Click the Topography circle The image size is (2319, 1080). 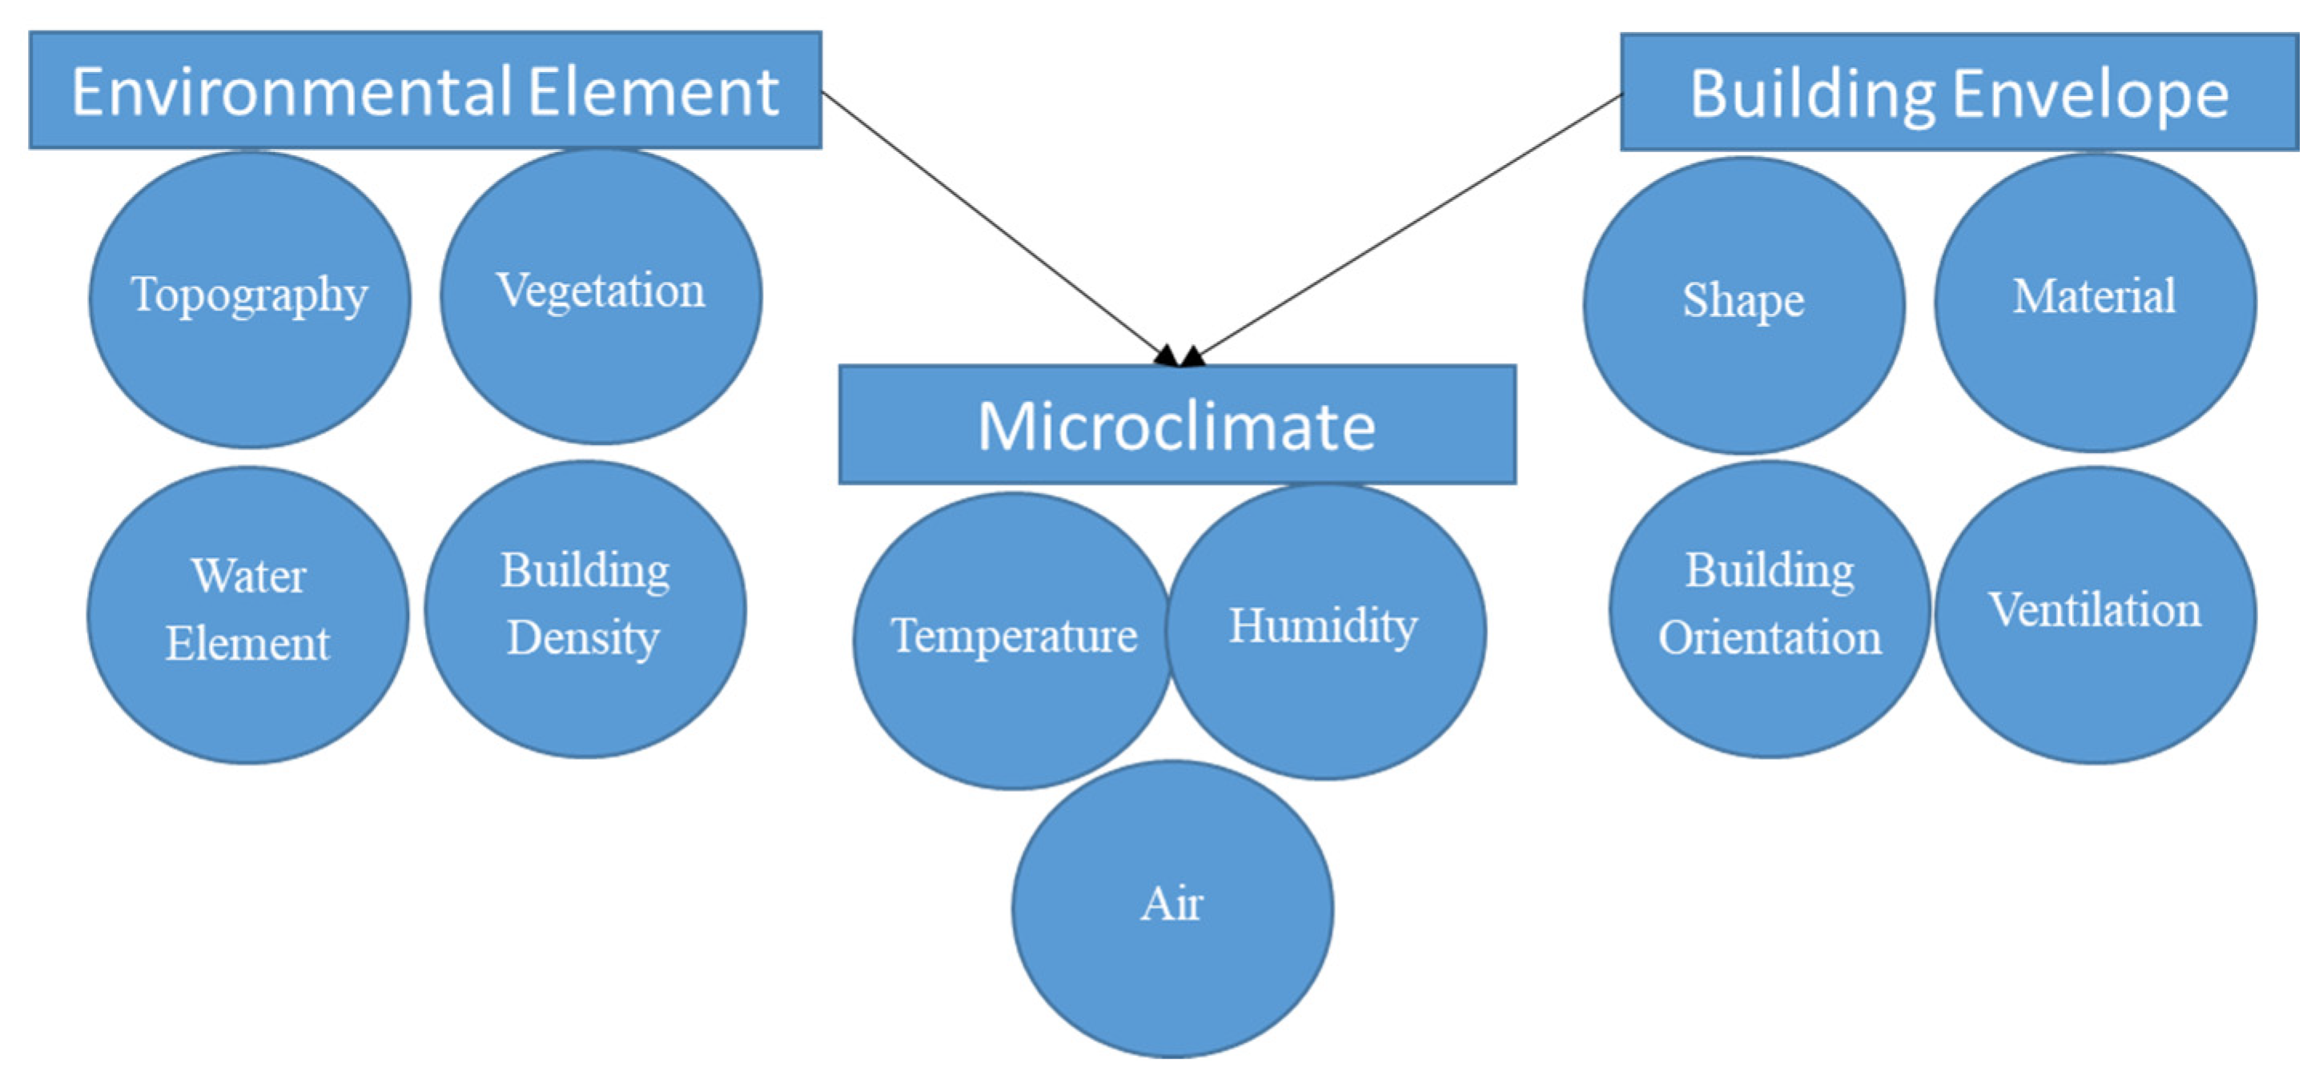pyautogui.click(x=249, y=299)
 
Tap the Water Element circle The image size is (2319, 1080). pyautogui.click(x=247, y=615)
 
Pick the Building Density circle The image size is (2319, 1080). pyautogui.click(x=585, y=609)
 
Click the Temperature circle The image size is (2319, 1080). pyautogui.click(x=1013, y=640)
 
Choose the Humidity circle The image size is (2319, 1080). pyautogui.click(x=1325, y=632)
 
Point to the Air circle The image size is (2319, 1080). pyautogui.click(x=1172, y=909)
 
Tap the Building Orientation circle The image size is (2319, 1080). pyautogui.click(x=1769, y=609)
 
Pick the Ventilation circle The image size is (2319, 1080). pyautogui.click(x=2095, y=615)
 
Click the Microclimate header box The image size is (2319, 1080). pyautogui.click(x=1176, y=425)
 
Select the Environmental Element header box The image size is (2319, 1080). pyautogui.click(x=425, y=90)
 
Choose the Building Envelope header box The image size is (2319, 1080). pyautogui.click(x=1959, y=92)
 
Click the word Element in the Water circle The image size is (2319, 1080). pyautogui.click(x=247, y=644)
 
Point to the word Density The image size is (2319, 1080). pyautogui.click(x=583, y=639)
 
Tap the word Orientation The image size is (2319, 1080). pyautogui.click(x=1770, y=639)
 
